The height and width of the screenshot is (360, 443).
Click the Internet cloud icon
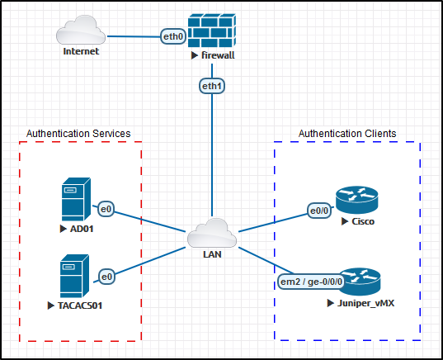pos(81,30)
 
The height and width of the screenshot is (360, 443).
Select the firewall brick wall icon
pos(212,31)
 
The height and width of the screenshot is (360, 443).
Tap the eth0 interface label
pos(173,36)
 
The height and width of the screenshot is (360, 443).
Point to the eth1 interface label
pos(212,86)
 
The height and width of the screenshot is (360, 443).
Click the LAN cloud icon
pos(212,233)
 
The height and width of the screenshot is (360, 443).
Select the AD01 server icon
pos(76,199)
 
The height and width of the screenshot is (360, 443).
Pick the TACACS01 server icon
pos(74,276)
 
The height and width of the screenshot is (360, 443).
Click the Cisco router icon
pos(357,200)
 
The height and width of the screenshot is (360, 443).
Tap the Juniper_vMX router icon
pos(360,282)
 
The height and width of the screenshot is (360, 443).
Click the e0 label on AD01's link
pos(106,209)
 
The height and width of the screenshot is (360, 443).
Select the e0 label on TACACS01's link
pos(106,277)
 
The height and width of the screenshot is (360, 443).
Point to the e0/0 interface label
pos(319,211)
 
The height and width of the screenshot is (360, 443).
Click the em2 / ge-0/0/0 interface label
pos(311,282)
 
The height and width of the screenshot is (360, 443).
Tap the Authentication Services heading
pos(78,134)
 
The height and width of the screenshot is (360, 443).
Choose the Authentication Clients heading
pos(347,134)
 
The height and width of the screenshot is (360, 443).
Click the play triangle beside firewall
pos(195,55)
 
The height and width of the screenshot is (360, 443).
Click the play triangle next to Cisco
pos(344,221)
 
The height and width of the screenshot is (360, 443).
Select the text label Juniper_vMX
pos(366,304)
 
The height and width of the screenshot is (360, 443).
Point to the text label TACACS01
pos(80,306)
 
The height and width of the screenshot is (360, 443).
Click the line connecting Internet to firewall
pos(134,36)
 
